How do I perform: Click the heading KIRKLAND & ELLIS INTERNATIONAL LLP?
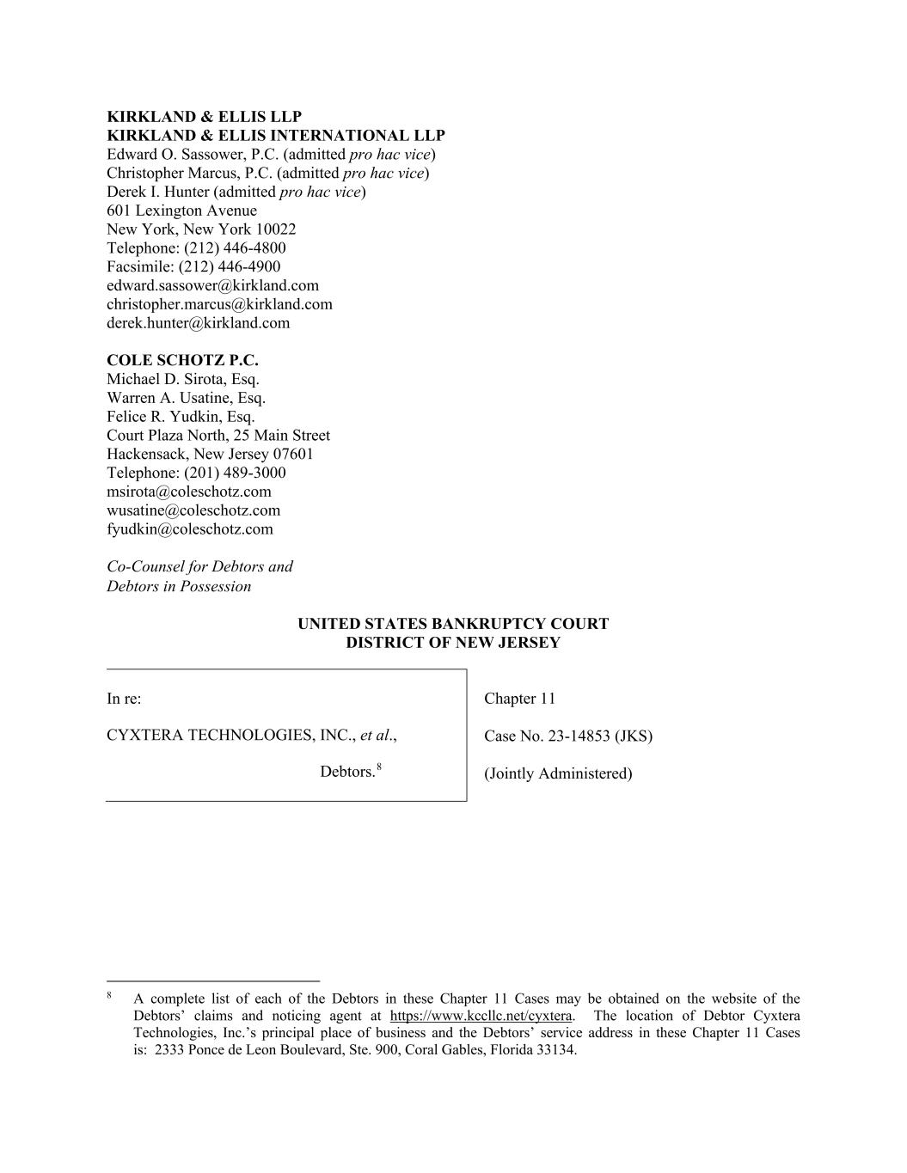coord(276,136)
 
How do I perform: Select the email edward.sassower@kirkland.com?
coord(212,285)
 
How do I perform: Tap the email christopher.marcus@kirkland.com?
coord(219,304)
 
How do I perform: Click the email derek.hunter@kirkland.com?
coord(198,323)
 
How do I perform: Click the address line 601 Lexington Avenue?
coord(181,211)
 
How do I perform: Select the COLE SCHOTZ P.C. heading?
coord(182,360)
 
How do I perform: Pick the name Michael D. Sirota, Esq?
coord(183,379)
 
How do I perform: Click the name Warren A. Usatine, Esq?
coord(186,398)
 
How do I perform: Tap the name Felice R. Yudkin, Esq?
coord(181,417)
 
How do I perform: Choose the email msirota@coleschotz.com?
coord(189,492)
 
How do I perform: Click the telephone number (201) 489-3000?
coord(235,473)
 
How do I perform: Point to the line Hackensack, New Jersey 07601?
coord(210,454)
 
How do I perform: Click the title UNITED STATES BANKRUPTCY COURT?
coord(453,624)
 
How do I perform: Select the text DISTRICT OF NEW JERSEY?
coord(453,643)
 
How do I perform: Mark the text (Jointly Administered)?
coord(558,773)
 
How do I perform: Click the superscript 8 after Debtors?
coord(379,767)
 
